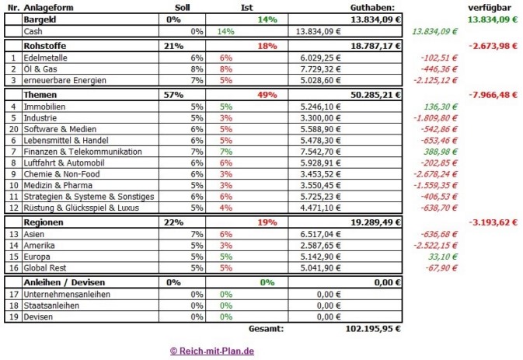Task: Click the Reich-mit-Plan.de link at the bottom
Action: pyautogui.click(x=211, y=351)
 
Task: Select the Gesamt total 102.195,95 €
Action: pyautogui.click(x=373, y=329)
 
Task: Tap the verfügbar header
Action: pyautogui.click(x=493, y=7)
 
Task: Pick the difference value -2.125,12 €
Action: pyautogui.click(x=435, y=79)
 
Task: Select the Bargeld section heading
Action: pyautogui.click(x=40, y=19)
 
